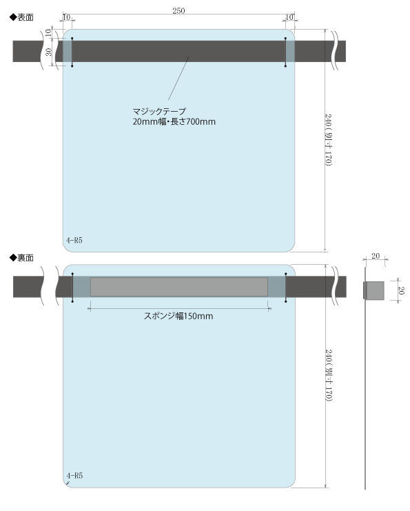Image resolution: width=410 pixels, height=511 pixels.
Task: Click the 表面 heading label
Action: (x=21, y=17)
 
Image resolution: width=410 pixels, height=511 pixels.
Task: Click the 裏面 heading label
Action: (x=21, y=258)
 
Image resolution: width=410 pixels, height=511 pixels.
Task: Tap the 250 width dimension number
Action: (x=178, y=11)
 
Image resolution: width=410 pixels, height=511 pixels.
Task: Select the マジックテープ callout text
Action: (x=159, y=112)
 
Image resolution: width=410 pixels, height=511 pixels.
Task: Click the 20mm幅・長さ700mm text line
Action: (x=174, y=122)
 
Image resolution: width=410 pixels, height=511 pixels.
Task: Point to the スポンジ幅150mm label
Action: (x=178, y=316)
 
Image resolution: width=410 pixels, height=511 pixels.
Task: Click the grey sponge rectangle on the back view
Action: (x=178, y=287)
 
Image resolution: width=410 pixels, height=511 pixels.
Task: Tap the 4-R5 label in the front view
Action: (x=74, y=241)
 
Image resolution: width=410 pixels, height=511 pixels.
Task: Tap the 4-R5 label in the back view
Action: (x=74, y=476)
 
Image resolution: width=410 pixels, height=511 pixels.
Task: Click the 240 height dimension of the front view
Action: (x=329, y=140)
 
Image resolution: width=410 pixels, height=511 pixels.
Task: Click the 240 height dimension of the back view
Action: (x=329, y=375)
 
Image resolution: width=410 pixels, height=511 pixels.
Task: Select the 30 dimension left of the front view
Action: (x=48, y=52)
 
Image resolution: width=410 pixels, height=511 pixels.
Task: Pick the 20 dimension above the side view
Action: (x=376, y=256)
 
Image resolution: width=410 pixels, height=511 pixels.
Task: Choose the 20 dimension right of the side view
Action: (x=401, y=290)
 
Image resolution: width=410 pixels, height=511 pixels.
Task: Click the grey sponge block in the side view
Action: (x=374, y=290)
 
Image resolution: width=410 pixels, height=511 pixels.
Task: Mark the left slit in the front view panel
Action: (x=72, y=52)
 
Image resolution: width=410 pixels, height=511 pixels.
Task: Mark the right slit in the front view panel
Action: (x=285, y=52)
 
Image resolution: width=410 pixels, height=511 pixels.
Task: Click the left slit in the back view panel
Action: (x=72, y=288)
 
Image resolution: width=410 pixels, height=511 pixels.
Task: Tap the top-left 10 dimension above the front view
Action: (x=66, y=17)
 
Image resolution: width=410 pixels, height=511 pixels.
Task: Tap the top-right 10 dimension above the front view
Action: (x=289, y=17)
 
